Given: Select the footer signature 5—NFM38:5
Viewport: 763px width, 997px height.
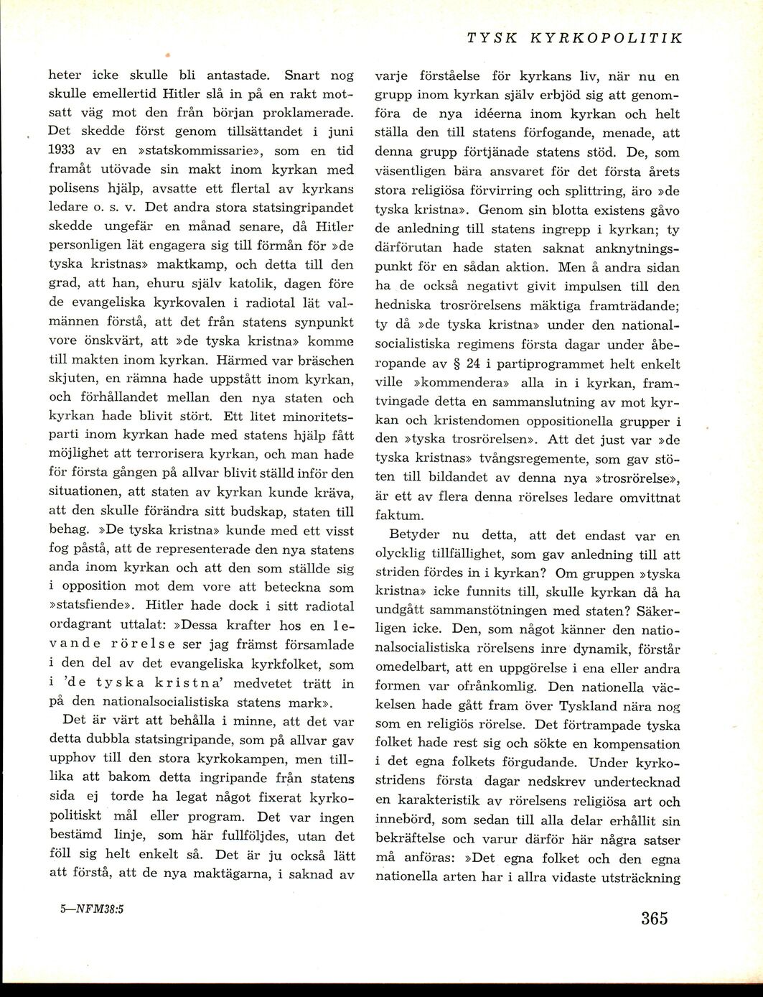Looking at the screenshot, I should (93, 906).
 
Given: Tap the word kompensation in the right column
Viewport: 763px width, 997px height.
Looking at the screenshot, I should (632, 743).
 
